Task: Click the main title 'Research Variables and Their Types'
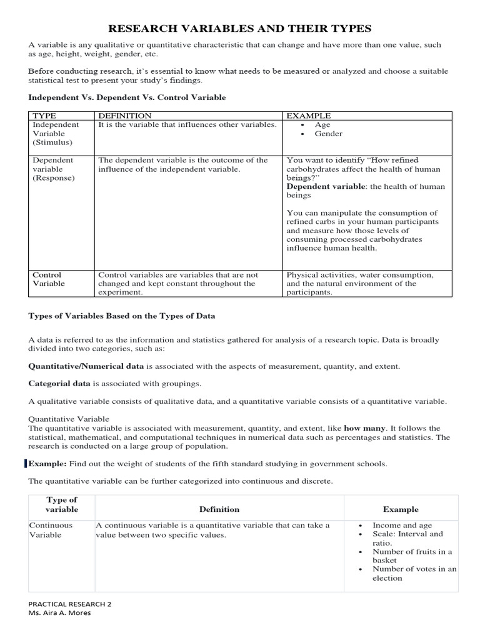click(240, 29)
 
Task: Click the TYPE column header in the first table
click(44, 116)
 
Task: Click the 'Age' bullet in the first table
click(322, 125)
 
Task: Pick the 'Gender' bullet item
click(328, 134)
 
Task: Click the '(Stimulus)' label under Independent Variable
click(53, 142)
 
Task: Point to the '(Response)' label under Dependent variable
click(53, 177)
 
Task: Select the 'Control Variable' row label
click(47, 279)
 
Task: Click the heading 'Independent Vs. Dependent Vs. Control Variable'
click(127, 97)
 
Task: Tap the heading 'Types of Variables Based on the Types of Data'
click(122, 316)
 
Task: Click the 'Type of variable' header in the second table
click(62, 504)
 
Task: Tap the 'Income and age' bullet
click(402, 526)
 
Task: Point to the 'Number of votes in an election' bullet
click(414, 573)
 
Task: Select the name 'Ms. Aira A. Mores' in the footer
click(61, 613)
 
